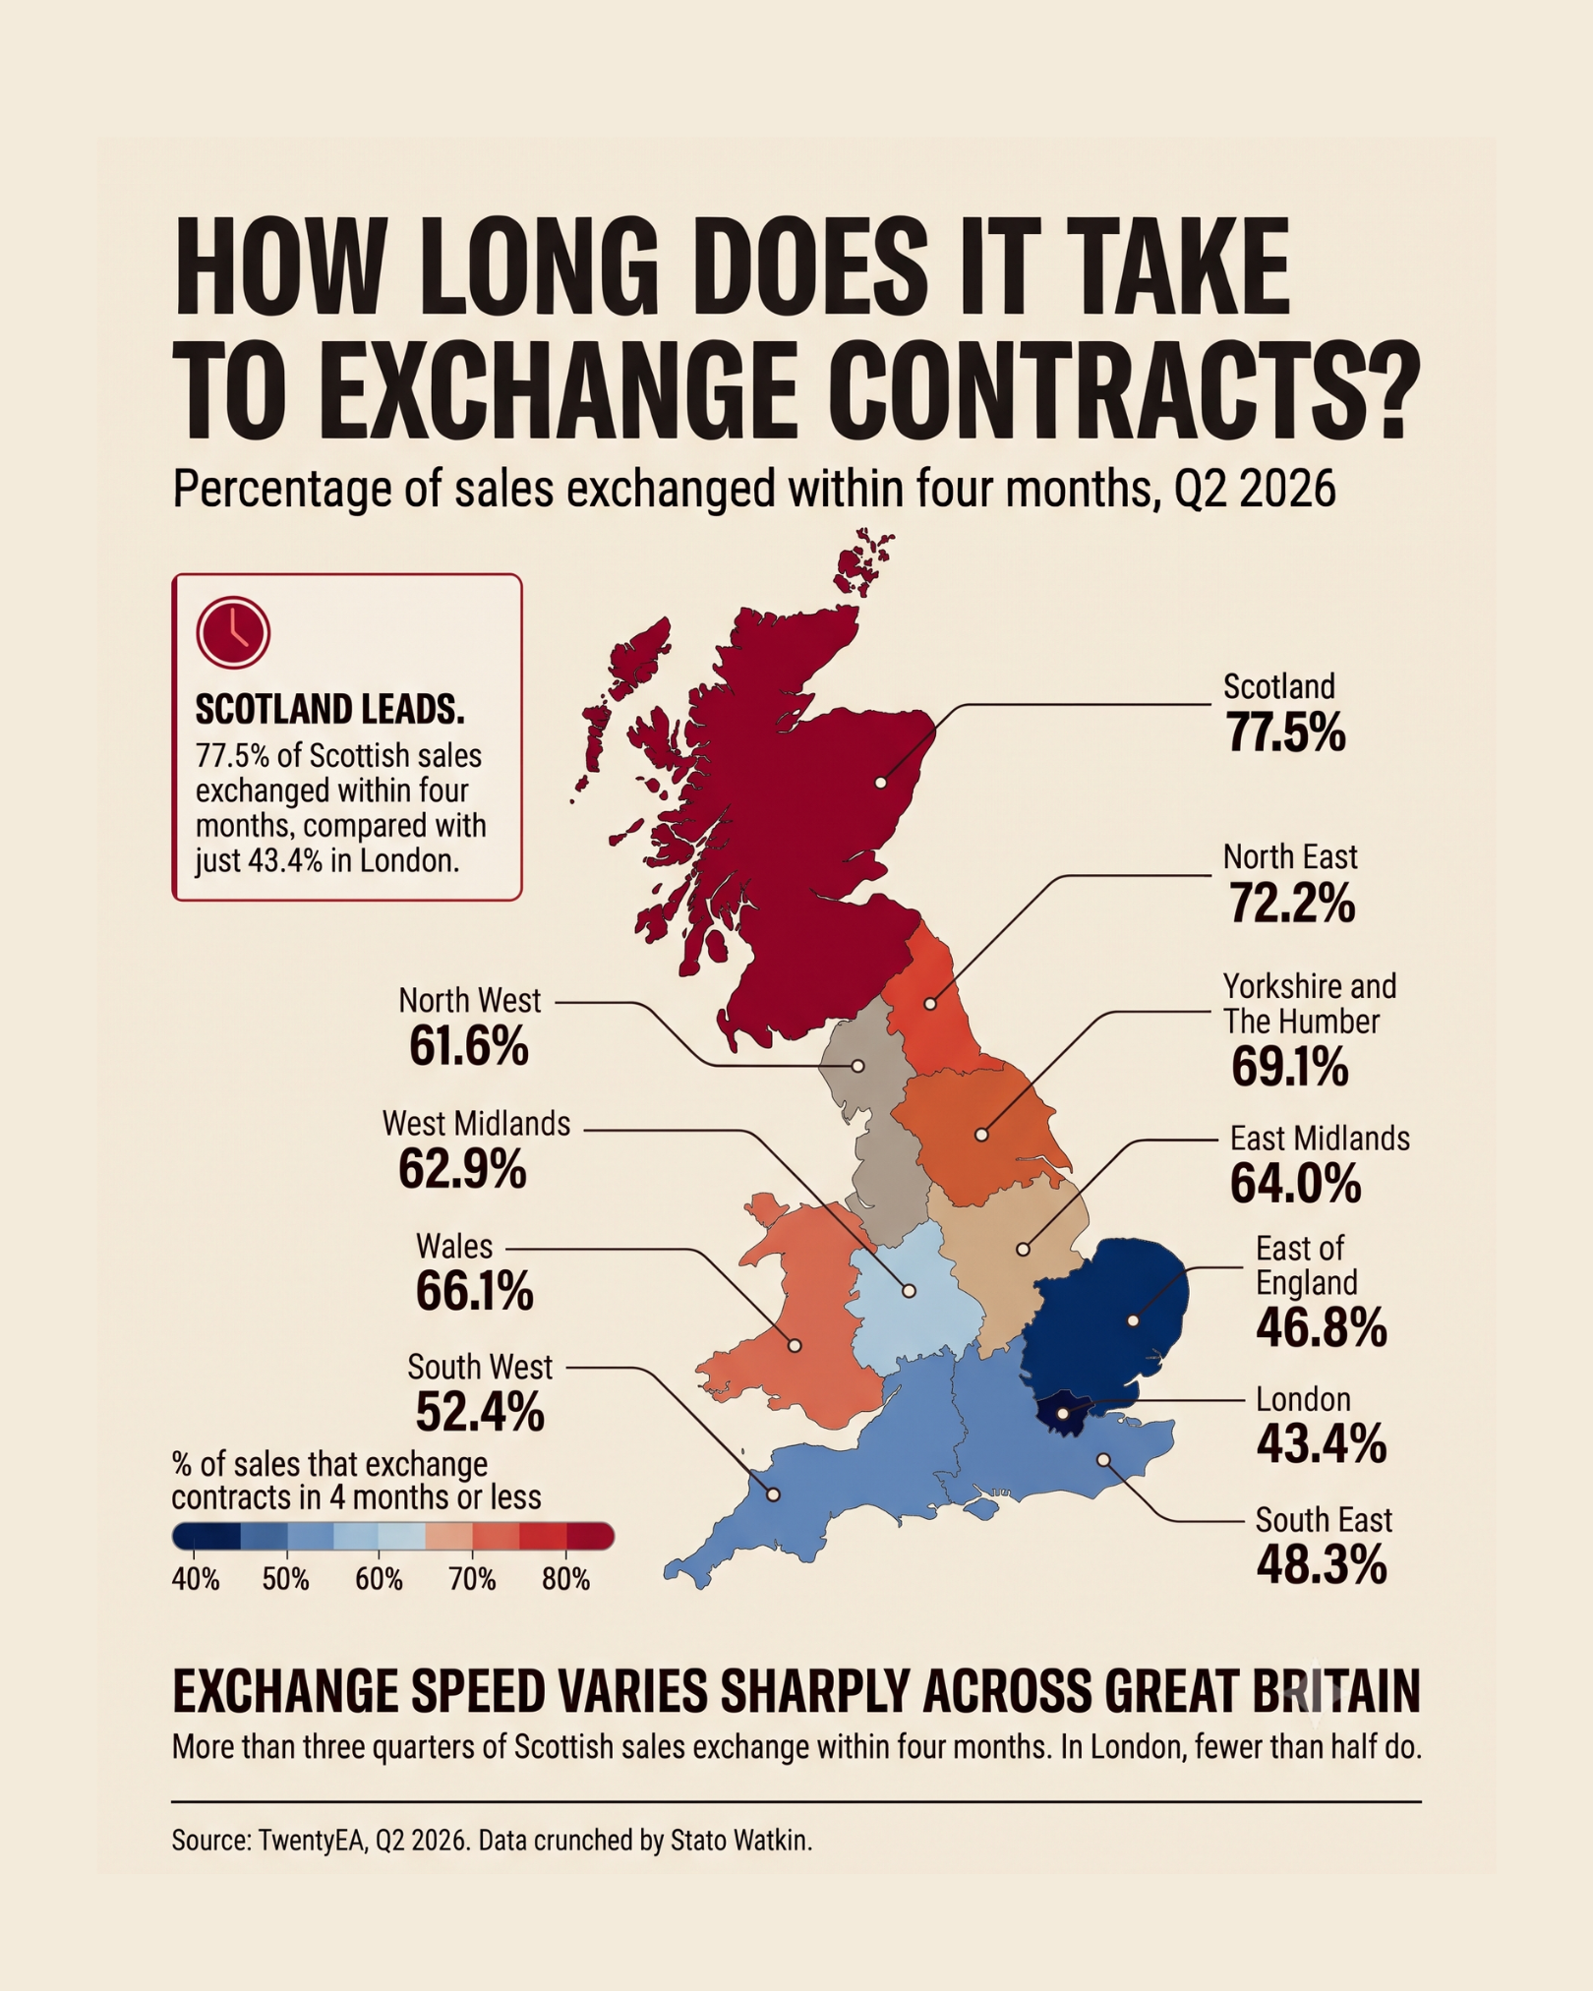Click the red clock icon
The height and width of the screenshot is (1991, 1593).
pyautogui.click(x=233, y=632)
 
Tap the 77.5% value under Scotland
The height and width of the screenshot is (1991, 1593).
pyautogui.click(x=1285, y=733)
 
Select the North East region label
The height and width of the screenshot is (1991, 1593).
pyautogui.click(x=1290, y=857)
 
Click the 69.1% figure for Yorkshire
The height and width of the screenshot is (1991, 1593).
pyautogui.click(x=1290, y=1068)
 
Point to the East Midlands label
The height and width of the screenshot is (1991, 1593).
pyautogui.click(x=1320, y=1139)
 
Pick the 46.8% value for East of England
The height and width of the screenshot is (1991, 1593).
pyautogui.click(x=1322, y=1328)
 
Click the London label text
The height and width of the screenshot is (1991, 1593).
pyautogui.click(x=1303, y=1400)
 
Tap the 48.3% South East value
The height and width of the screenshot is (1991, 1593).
pyautogui.click(x=1322, y=1565)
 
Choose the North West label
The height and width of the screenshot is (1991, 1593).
pyautogui.click(x=469, y=1001)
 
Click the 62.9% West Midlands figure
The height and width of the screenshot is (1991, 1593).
pyautogui.click(x=462, y=1170)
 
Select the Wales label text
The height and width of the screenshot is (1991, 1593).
pyautogui.click(x=453, y=1247)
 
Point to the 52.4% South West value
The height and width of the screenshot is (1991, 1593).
pyautogui.click(x=479, y=1413)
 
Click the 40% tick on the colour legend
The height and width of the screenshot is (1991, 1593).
pyautogui.click(x=196, y=1579)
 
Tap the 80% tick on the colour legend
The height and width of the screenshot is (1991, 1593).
pyautogui.click(x=566, y=1579)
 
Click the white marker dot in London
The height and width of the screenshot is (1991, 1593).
pyautogui.click(x=1063, y=1414)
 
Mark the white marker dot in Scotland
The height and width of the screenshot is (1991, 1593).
pyautogui.click(x=880, y=783)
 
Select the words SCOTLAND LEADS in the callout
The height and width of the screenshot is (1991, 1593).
pyautogui.click(x=329, y=710)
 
